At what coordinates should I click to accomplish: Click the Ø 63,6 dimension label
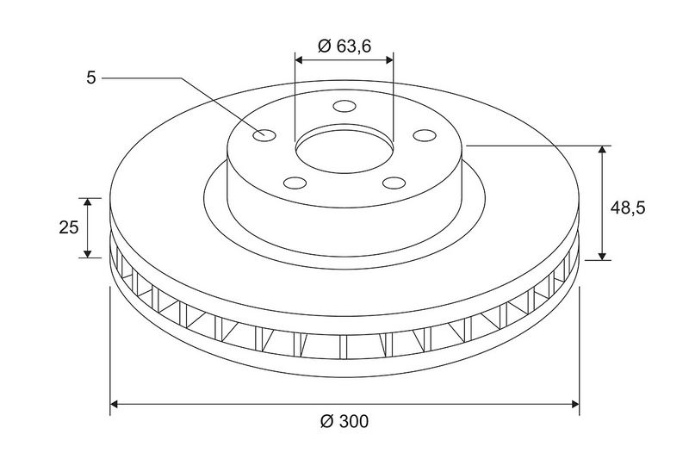(x=344, y=46)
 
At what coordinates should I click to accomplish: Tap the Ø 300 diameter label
(x=344, y=421)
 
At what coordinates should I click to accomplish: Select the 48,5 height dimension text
(x=628, y=208)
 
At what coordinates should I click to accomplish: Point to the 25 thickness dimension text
(x=69, y=227)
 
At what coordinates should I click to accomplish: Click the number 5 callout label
(x=91, y=78)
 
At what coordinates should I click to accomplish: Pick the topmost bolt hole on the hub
(x=344, y=106)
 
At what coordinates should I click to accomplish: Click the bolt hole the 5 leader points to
(x=264, y=135)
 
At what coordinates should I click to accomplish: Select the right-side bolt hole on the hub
(x=425, y=135)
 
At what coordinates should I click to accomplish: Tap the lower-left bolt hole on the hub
(x=295, y=183)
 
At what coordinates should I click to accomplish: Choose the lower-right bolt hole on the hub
(x=394, y=183)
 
